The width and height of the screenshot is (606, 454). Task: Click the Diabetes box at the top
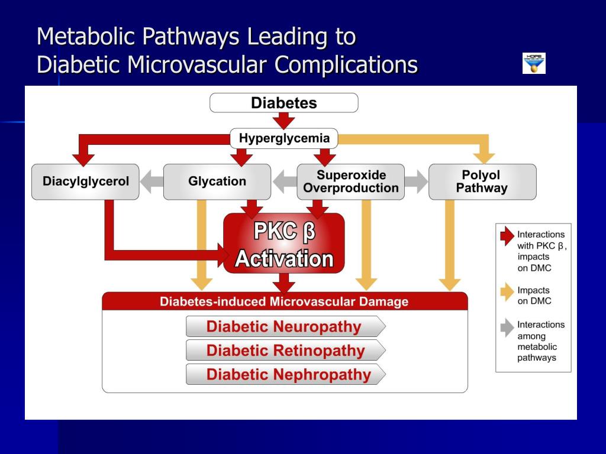[x=284, y=103]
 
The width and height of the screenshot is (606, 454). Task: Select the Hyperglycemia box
[x=284, y=138]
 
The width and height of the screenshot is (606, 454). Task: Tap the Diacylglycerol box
[x=85, y=181]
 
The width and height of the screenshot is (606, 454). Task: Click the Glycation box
[x=217, y=181]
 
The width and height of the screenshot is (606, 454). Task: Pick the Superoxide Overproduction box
[x=350, y=181]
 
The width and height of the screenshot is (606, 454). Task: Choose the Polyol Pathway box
[x=482, y=181]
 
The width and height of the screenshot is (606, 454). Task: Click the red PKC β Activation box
[x=284, y=244]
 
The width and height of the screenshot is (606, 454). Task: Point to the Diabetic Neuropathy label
[x=284, y=326]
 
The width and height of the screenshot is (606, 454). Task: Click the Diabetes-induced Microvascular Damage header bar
[x=284, y=301]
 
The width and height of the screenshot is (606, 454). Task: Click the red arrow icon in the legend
[x=507, y=236]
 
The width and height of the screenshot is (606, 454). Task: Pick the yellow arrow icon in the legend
[x=507, y=293]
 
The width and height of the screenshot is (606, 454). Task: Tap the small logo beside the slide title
[x=534, y=63]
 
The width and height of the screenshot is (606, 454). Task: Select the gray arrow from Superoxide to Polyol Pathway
[x=416, y=181]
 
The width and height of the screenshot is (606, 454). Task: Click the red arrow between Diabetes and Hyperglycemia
[x=284, y=121]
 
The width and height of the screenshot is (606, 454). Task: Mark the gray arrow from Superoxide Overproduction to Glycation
[x=283, y=181]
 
